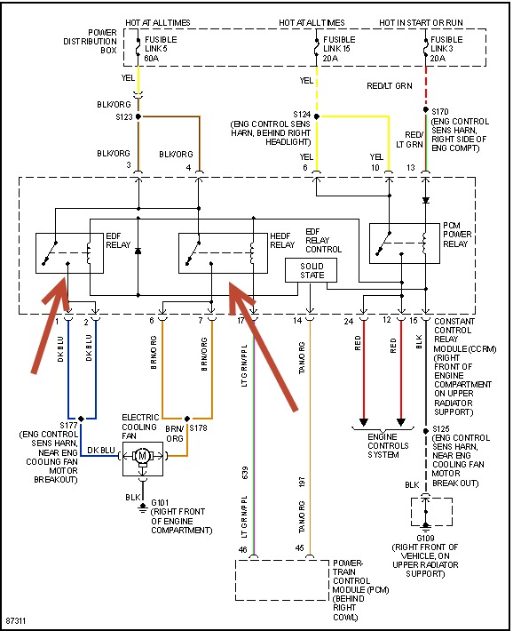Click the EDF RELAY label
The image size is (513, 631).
[x=117, y=240]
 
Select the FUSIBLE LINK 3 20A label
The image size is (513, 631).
[x=447, y=48]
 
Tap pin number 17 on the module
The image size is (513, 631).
[x=241, y=320]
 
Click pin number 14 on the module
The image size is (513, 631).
[x=297, y=320]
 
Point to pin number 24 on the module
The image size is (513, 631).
[x=349, y=320]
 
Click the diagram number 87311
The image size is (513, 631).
[x=16, y=620]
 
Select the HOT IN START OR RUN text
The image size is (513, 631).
[x=421, y=20]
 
